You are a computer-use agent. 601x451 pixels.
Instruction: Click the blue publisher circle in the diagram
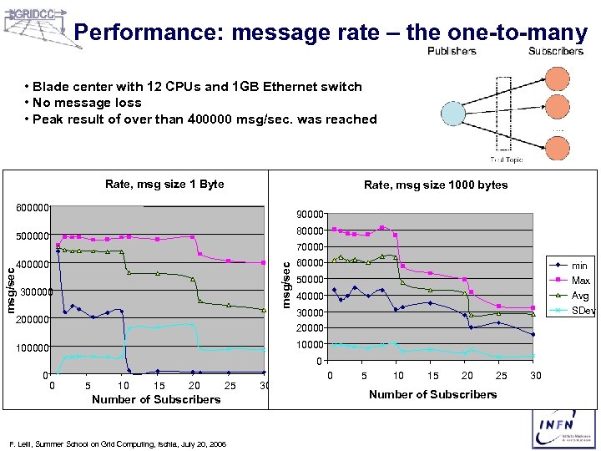[452, 113]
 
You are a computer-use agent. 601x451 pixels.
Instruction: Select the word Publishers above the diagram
[452, 51]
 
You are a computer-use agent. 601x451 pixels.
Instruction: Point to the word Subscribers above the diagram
[556, 51]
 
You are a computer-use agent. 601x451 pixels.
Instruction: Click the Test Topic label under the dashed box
[507, 160]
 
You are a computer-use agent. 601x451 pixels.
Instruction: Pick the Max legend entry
[580, 281]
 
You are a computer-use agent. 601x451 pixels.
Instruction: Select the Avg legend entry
[579, 296]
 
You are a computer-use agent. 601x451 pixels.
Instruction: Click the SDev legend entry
[582, 311]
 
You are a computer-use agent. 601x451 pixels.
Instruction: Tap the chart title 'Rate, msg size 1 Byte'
[164, 184]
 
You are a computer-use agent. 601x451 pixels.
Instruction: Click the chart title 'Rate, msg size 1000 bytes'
[436, 185]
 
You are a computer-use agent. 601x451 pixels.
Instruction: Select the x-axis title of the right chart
[432, 394]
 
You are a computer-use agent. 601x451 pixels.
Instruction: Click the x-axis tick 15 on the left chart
[159, 386]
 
